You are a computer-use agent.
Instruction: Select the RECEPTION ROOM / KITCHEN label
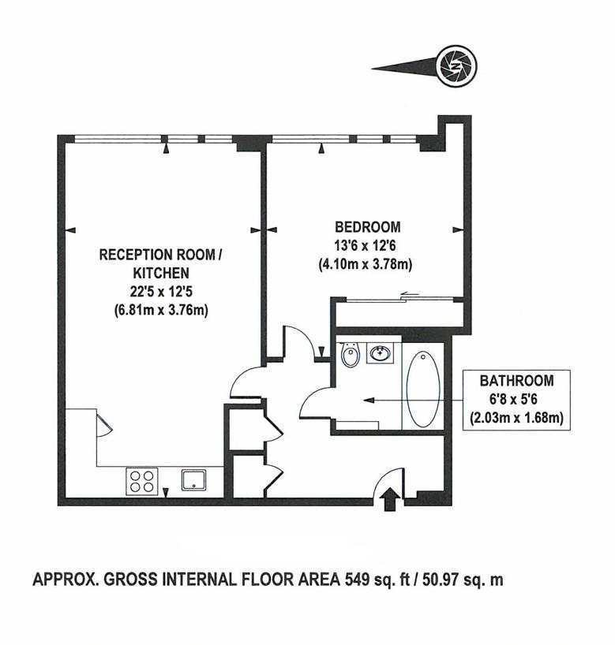point(161,263)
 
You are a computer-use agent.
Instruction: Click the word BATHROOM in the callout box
point(517,381)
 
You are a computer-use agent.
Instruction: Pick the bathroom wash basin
point(381,354)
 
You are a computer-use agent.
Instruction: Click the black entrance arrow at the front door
point(389,500)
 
